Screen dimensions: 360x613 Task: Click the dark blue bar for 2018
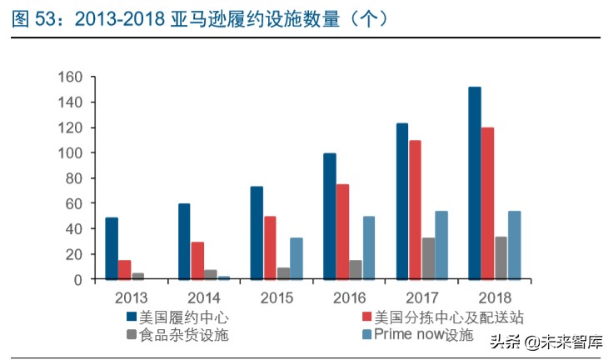pos(474,183)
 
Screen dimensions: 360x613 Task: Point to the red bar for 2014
pos(197,261)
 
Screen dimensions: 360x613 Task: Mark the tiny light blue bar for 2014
pos(224,277)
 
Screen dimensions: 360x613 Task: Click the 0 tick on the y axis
pos(77,280)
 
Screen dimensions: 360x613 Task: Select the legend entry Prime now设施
pos(423,335)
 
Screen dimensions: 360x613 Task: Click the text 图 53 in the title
pos(32,18)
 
